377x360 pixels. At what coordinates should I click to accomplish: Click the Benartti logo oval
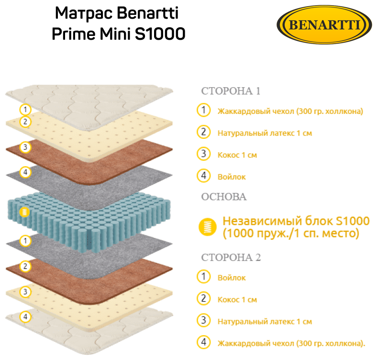(x=325, y=24)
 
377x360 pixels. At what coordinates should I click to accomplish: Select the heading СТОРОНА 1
(x=231, y=91)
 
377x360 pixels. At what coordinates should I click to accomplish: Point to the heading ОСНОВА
(x=224, y=197)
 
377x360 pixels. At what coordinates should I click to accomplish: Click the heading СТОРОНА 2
(x=231, y=258)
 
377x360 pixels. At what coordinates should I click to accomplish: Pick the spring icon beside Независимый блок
(x=207, y=227)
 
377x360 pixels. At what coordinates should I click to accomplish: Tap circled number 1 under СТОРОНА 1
(x=204, y=110)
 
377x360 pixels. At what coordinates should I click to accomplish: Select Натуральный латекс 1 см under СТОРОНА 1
(x=265, y=133)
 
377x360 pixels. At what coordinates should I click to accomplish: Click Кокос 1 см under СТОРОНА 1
(x=237, y=155)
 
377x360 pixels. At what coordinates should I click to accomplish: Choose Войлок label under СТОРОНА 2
(x=232, y=278)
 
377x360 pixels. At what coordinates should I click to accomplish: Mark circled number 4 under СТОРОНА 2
(x=204, y=342)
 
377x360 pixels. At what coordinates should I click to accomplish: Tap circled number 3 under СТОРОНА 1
(x=204, y=154)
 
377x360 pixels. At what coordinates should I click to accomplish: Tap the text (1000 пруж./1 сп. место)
(x=291, y=234)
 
